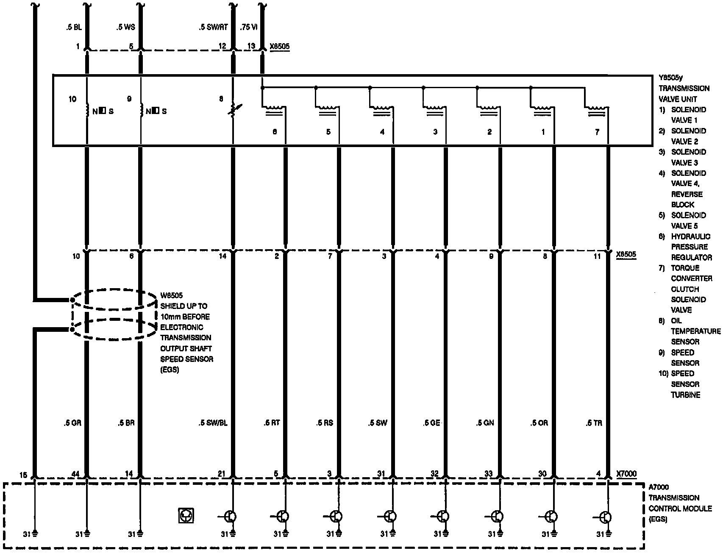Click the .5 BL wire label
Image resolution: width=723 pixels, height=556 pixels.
pyautogui.click(x=74, y=28)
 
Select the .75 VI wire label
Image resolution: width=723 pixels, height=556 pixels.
pyautogui.click(x=249, y=28)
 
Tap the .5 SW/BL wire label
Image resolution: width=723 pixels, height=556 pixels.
pyautogui.click(x=213, y=423)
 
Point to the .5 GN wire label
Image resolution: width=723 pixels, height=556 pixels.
pyautogui.click(x=485, y=423)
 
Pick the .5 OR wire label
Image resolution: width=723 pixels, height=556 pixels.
pyautogui.click(x=539, y=423)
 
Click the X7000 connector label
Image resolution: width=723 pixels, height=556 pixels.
pyautogui.click(x=626, y=474)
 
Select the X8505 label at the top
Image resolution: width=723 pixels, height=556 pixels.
pyautogui.click(x=280, y=46)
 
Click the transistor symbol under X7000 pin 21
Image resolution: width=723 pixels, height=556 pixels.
pyautogui.click(x=230, y=517)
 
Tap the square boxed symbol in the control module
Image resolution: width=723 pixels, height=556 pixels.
pyautogui.click(x=186, y=516)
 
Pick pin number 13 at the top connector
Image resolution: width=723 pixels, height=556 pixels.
pyautogui.click(x=251, y=46)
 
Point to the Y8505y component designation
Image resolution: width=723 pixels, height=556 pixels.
pyautogui.click(x=671, y=78)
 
